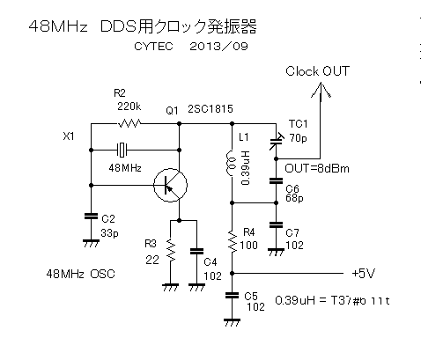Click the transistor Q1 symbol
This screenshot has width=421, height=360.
click(x=170, y=185)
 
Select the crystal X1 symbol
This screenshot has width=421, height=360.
click(x=122, y=150)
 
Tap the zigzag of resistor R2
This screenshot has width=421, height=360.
click(x=129, y=123)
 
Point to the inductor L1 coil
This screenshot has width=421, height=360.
click(x=232, y=164)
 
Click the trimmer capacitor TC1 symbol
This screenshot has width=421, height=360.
click(x=276, y=141)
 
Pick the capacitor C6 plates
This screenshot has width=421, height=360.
click(x=276, y=180)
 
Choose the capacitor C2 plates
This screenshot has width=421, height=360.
click(x=91, y=217)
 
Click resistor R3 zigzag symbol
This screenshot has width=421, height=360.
click(x=170, y=250)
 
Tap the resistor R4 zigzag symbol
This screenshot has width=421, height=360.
click(x=232, y=241)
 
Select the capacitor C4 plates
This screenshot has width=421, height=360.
click(x=196, y=251)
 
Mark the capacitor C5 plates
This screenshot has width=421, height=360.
click(x=232, y=295)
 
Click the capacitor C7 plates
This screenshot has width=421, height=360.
click(x=276, y=225)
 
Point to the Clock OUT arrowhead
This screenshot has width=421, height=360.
click(x=321, y=90)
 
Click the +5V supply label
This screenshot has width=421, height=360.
click(x=363, y=274)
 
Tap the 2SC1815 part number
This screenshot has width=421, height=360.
click(x=210, y=109)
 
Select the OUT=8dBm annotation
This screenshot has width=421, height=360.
click(x=317, y=169)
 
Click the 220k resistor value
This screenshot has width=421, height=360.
click(x=129, y=107)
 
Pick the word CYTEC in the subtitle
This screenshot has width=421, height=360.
click(x=153, y=47)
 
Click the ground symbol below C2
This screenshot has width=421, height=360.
click(x=91, y=244)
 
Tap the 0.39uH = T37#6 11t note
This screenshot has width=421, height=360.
click(x=332, y=301)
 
